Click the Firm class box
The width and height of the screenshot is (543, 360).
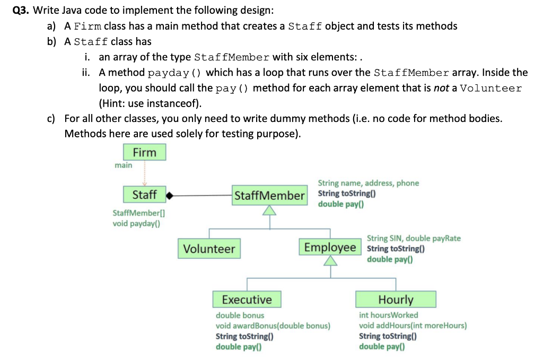pyautogui.click(x=145, y=153)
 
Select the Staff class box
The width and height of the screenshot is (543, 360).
pyautogui.click(x=144, y=195)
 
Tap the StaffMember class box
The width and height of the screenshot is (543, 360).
pyautogui.click(x=269, y=196)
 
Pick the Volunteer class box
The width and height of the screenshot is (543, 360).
pyautogui.click(x=209, y=249)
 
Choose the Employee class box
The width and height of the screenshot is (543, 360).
pyautogui.click(x=330, y=248)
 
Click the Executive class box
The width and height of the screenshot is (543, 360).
pyautogui.click(x=247, y=300)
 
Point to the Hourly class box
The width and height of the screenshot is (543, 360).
pyautogui.click(x=396, y=300)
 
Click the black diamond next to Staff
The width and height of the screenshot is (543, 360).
pyautogui.click(x=170, y=196)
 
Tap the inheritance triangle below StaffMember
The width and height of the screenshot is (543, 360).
pyautogui.click(x=270, y=211)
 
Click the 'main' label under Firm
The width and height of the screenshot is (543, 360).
pyautogui.click(x=124, y=165)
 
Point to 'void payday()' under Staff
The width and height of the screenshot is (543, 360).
pyautogui.click(x=137, y=223)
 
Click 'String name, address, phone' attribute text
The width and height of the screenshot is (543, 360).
pyautogui.click(x=368, y=183)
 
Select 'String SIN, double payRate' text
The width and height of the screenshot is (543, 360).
pyautogui.click(x=414, y=238)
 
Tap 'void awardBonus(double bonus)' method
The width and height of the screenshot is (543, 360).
pyautogui.click(x=273, y=326)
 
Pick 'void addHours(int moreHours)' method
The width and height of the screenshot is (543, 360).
pyautogui.click(x=413, y=326)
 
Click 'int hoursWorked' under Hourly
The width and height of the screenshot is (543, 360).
pyautogui.click(x=388, y=315)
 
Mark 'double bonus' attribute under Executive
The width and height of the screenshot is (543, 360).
pyautogui.click(x=240, y=315)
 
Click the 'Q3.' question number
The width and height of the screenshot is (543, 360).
pyautogui.click(x=21, y=11)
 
